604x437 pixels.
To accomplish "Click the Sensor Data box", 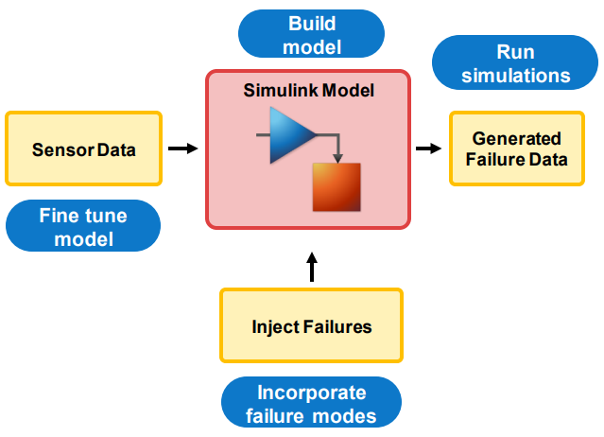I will coord(84,149).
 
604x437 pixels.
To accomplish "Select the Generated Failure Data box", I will coord(516,149).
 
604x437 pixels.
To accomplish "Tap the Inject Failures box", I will coord(311,326).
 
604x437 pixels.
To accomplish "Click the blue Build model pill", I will coord(311,35).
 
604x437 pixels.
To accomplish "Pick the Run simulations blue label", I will coord(516,63).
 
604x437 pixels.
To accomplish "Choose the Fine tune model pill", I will coord(83,227).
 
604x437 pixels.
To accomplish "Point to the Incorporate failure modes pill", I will coord(311,404).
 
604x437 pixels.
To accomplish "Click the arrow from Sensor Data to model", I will coord(182,149).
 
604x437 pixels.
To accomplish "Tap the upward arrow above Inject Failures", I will coord(312,267).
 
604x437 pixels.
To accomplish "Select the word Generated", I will coord(516,138).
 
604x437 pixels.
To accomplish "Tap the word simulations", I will coord(516,75).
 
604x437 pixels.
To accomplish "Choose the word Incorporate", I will coord(311,393).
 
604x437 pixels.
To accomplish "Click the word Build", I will coord(311,24).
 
